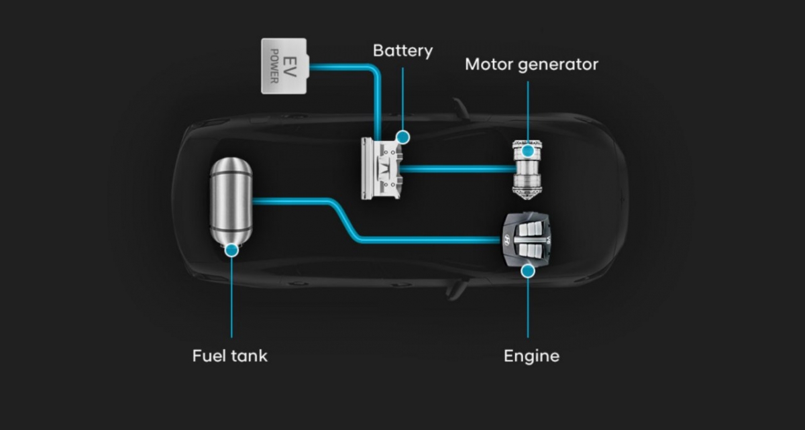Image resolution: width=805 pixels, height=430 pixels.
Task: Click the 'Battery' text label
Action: tap(402, 51)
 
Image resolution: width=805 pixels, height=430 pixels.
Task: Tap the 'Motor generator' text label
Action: tap(531, 65)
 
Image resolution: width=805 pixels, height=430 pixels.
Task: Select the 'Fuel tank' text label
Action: tap(229, 356)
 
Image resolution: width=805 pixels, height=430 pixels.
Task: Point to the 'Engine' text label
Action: tap(531, 356)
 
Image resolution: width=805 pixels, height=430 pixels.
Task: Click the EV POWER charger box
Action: tap(283, 65)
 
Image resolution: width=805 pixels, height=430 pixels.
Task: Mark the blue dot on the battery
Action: tap(402, 137)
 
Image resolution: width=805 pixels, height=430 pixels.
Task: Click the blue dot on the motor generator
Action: tap(528, 151)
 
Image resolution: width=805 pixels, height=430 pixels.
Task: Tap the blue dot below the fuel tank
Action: tap(231, 250)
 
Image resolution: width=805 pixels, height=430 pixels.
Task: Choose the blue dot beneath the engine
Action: tap(528, 271)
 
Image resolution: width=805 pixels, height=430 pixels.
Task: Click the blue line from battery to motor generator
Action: tap(456, 168)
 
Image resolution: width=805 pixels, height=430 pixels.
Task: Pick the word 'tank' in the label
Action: tap(249, 356)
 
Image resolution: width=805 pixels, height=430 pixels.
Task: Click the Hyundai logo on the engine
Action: tap(508, 239)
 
